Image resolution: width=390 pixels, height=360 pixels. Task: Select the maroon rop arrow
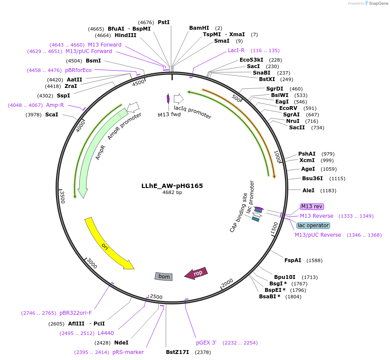(x=196, y=273)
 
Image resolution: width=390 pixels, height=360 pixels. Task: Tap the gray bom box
(x=164, y=276)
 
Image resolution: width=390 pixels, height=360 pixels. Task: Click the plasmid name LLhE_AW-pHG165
(x=172, y=186)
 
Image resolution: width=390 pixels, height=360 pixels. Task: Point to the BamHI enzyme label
(x=199, y=28)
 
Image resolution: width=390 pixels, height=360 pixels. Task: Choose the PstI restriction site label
(x=164, y=22)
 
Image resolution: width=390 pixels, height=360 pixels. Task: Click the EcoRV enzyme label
(x=288, y=108)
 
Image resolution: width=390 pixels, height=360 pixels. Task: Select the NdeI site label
(x=121, y=342)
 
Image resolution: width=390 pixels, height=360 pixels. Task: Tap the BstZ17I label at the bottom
(x=178, y=352)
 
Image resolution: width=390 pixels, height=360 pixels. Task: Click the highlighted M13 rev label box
(x=312, y=207)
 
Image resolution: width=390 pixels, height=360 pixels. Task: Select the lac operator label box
(x=313, y=225)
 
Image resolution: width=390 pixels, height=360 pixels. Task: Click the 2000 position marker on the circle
(x=227, y=283)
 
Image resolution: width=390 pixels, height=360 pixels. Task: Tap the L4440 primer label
(x=106, y=333)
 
